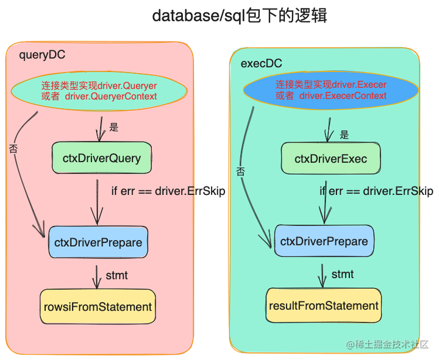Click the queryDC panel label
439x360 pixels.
(x=42, y=55)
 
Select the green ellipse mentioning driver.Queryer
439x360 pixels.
(x=99, y=91)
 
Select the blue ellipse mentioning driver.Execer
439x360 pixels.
(x=330, y=91)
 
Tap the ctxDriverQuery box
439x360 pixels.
(x=101, y=158)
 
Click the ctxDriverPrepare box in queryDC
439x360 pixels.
(x=98, y=242)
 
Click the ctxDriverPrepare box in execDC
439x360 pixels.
(x=324, y=241)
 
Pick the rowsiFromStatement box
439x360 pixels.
(x=97, y=306)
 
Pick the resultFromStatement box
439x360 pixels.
(x=323, y=305)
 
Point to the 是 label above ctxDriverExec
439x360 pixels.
(x=344, y=135)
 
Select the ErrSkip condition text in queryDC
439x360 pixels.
(x=168, y=191)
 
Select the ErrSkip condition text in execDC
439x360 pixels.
(x=376, y=191)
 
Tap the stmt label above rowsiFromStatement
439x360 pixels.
(x=116, y=275)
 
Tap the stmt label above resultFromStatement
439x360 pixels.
(x=343, y=274)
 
